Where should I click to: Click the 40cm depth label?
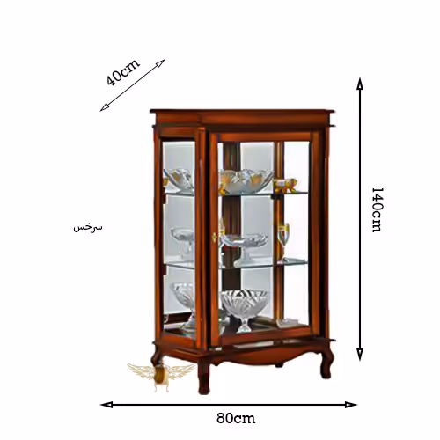(x=123, y=72)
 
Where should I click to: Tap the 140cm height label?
(x=377, y=209)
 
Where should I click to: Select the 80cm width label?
(x=236, y=418)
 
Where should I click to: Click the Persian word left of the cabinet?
(x=88, y=228)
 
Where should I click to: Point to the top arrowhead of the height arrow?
(x=360, y=84)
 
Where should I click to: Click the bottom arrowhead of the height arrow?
(x=360, y=355)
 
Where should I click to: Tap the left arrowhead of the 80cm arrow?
(x=106, y=405)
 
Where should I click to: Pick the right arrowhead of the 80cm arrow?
(x=351, y=405)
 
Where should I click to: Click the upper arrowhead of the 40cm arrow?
(x=160, y=63)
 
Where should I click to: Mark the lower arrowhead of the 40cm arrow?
(x=105, y=107)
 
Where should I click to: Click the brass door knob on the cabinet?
(x=214, y=237)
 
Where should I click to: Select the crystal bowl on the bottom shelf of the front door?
(x=244, y=310)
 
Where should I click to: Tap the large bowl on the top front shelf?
(x=246, y=180)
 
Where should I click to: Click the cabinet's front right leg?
(x=326, y=363)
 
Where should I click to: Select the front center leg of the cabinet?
(x=204, y=374)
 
